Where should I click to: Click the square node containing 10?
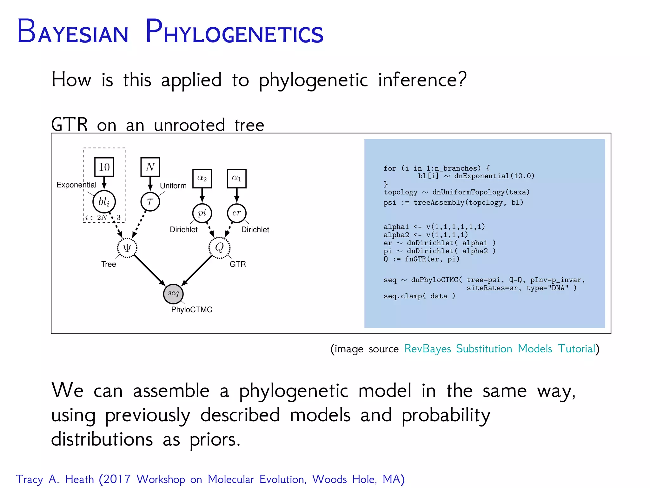pyautogui.click(x=104, y=167)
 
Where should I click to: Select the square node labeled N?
pyautogui.click(x=150, y=167)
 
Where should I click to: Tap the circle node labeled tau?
pyautogui.click(x=150, y=201)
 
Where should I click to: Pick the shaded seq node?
pyautogui.click(x=173, y=294)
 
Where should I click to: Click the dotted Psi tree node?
pyautogui.click(x=127, y=248)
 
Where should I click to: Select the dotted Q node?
pyautogui.click(x=219, y=247)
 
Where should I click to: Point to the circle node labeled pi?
pyautogui.click(x=202, y=213)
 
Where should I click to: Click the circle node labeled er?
pyautogui.click(x=236, y=213)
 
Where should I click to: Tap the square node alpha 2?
pyautogui.click(x=202, y=179)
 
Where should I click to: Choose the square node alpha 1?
pyautogui.click(x=236, y=179)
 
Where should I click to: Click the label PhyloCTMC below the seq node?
pyautogui.click(x=191, y=310)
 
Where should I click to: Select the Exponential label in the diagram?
pyautogui.click(x=76, y=185)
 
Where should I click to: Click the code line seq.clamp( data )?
pyautogui.click(x=419, y=296)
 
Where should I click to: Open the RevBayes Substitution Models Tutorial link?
pyautogui.click(x=500, y=349)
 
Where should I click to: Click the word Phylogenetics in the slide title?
pyautogui.click(x=234, y=32)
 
